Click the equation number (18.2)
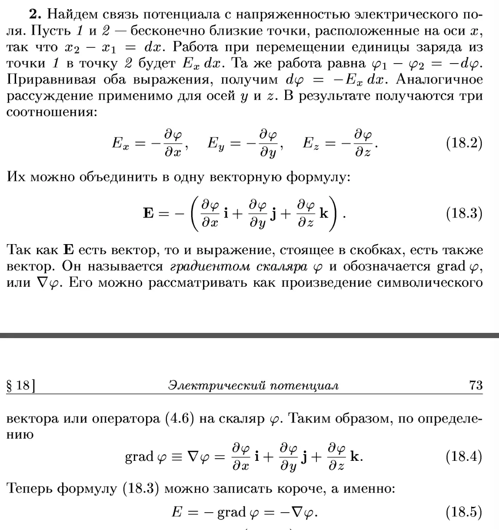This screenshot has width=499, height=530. pos(464,143)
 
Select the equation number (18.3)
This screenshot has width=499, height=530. pos(464,213)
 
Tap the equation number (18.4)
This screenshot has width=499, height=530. pos(464,456)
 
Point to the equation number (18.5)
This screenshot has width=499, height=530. pos(464,512)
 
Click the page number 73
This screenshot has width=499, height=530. pos(476,385)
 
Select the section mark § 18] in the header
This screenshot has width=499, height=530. pos(21,386)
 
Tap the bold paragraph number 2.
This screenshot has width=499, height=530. pos(35,15)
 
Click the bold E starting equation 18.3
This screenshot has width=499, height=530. pos(148,213)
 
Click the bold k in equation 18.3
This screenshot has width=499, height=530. pos(324,213)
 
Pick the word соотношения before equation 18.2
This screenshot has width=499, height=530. pos(50,112)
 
